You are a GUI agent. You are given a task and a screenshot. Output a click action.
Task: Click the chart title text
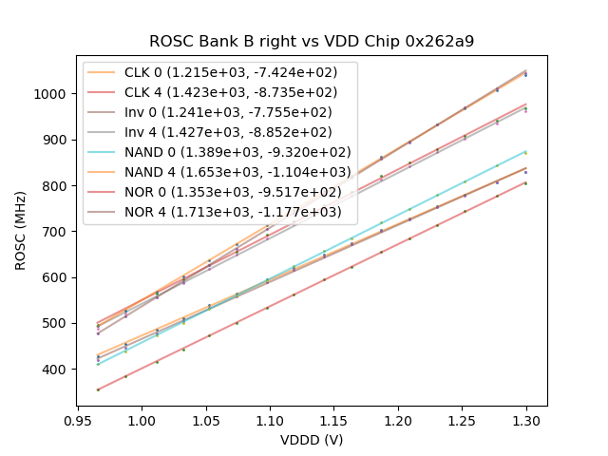[x=312, y=42]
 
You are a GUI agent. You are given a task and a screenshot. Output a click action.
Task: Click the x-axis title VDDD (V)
[x=311, y=440]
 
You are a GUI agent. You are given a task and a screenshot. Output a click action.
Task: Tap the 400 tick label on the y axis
[x=59, y=369]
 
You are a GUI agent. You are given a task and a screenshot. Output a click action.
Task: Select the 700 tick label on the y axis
[x=59, y=232]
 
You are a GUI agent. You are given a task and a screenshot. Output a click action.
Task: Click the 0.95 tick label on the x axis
[x=77, y=420]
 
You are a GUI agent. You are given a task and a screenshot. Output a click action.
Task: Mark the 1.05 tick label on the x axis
[x=205, y=420]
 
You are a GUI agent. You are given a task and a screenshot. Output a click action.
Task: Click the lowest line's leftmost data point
[x=97, y=389]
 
